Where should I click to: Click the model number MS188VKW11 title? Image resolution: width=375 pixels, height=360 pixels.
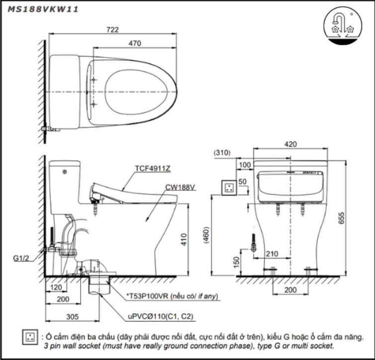tap(42, 9)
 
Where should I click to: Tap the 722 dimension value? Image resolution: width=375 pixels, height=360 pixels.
tap(112, 30)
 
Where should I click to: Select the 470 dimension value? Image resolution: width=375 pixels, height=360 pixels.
tap(134, 44)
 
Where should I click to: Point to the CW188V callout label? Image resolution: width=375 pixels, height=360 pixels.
tap(181, 187)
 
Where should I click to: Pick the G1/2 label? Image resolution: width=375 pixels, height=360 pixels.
tap(22, 258)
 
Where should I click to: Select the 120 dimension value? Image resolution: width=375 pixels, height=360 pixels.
tap(56, 288)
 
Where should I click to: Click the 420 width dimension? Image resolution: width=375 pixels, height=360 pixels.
tap(290, 144)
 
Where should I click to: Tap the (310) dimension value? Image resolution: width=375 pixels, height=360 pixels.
tap(222, 153)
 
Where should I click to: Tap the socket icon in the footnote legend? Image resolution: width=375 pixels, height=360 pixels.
tap(30, 340)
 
